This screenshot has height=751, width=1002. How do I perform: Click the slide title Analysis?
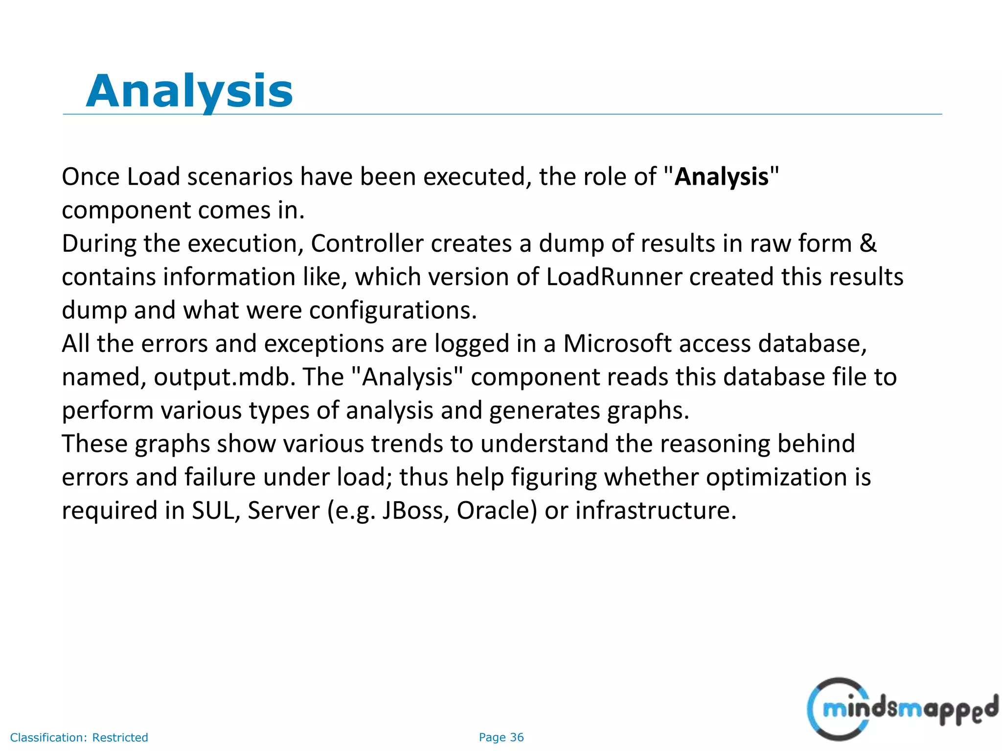(189, 91)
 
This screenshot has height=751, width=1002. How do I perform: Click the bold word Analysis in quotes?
(721, 177)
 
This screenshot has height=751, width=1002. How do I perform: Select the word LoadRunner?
(614, 277)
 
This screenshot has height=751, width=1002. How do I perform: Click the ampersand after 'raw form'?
(868, 243)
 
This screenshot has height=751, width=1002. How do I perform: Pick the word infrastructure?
(656, 510)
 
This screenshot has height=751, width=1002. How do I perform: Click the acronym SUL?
(215, 510)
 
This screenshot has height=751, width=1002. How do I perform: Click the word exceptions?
(324, 344)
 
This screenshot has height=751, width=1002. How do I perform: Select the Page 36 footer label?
(501, 737)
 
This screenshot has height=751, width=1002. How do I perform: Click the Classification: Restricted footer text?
(79, 737)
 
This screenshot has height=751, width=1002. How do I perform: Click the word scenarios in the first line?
(240, 177)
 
